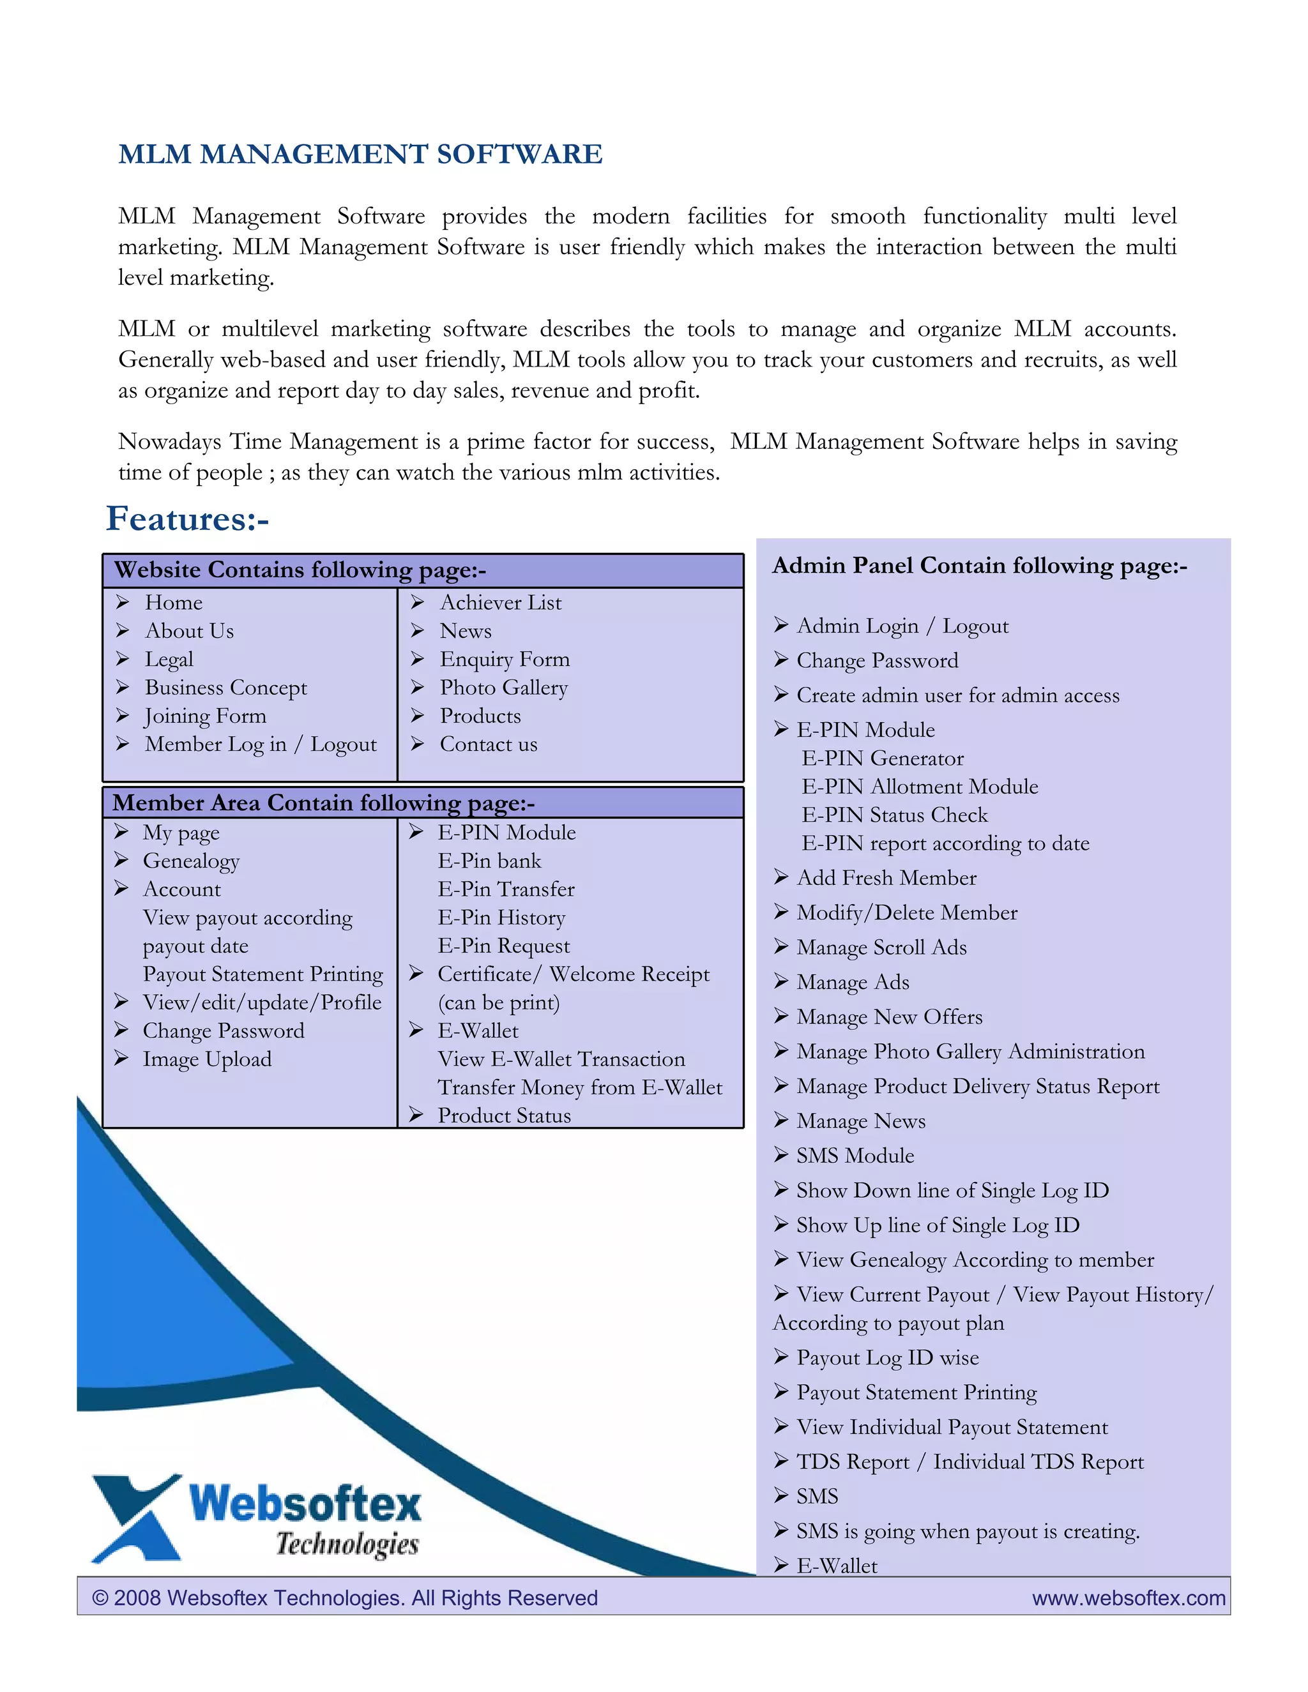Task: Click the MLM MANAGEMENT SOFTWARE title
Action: (360, 154)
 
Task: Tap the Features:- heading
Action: (188, 518)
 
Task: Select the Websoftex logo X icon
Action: (135, 1517)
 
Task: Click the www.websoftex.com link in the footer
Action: (1129, 1598)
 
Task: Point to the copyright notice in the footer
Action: (345, 1598)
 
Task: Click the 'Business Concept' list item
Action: (225, 687)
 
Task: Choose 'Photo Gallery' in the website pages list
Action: (504, 687)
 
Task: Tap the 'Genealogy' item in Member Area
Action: (190, 861)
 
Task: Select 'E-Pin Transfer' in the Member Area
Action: (506, 889)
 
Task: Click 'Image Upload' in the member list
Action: (207, 1059)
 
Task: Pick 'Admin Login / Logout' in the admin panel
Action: (902, 625)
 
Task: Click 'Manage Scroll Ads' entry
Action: (881, 947)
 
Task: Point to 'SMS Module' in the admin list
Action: (855, 1155)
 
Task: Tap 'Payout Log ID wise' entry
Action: (887, 1357)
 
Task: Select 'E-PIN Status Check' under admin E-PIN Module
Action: (894, 814)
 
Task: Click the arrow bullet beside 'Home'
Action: (123, 602)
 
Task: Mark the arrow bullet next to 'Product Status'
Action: (416, 1115)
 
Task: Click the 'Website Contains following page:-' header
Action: (300, 570)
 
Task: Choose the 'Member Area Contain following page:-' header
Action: (323, 803)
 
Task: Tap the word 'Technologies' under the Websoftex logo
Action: (347, 1544)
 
